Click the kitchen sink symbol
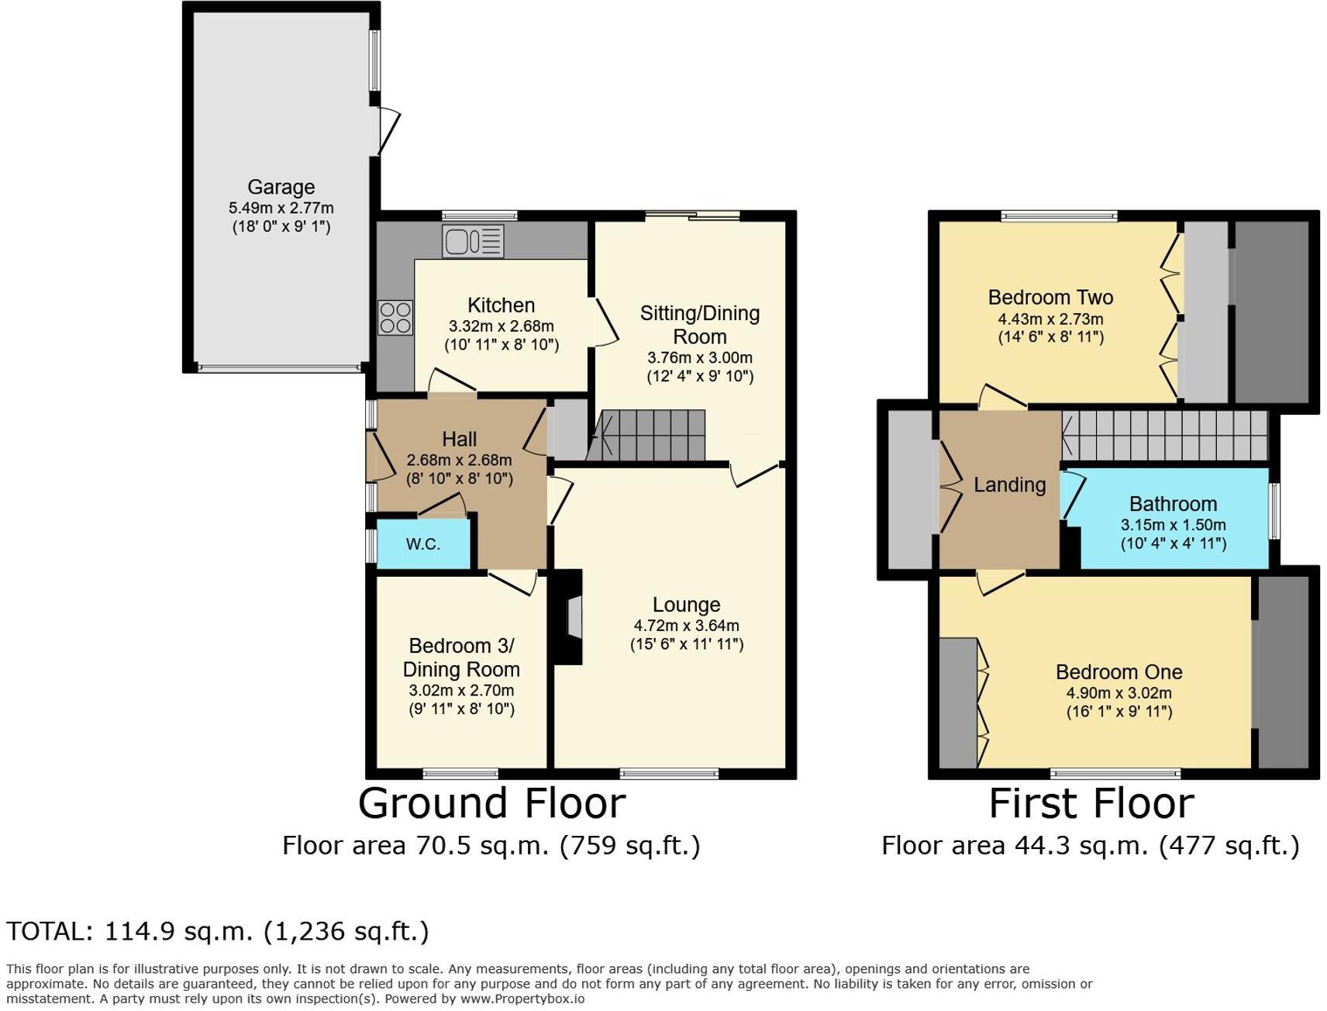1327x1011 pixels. (x=473, y=240)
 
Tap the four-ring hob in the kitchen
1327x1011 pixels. (x=395, y=318)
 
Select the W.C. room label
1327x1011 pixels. (x=423, y=544)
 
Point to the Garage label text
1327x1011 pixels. (x=281, y=187)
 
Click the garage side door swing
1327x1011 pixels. (x=388, y=130)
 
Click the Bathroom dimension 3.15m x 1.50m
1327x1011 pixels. (x=1173, y=525)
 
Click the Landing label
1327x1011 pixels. (x=1009, y=485)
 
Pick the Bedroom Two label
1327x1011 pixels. (x=1050, y=297)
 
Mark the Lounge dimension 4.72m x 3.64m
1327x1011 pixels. (x=686, y=626)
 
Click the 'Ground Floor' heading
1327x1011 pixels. (x=491, y=803)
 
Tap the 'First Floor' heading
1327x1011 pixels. (x=1091, y=803)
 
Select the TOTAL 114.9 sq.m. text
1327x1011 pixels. (x=218, y=931)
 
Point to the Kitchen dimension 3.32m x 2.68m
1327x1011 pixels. (x=501, y=326)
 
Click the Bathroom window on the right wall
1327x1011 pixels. (x=1274, y=510)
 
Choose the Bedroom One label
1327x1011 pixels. (x=1118, y=672)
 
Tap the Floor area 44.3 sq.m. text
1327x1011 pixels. (x=1090, y=845)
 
